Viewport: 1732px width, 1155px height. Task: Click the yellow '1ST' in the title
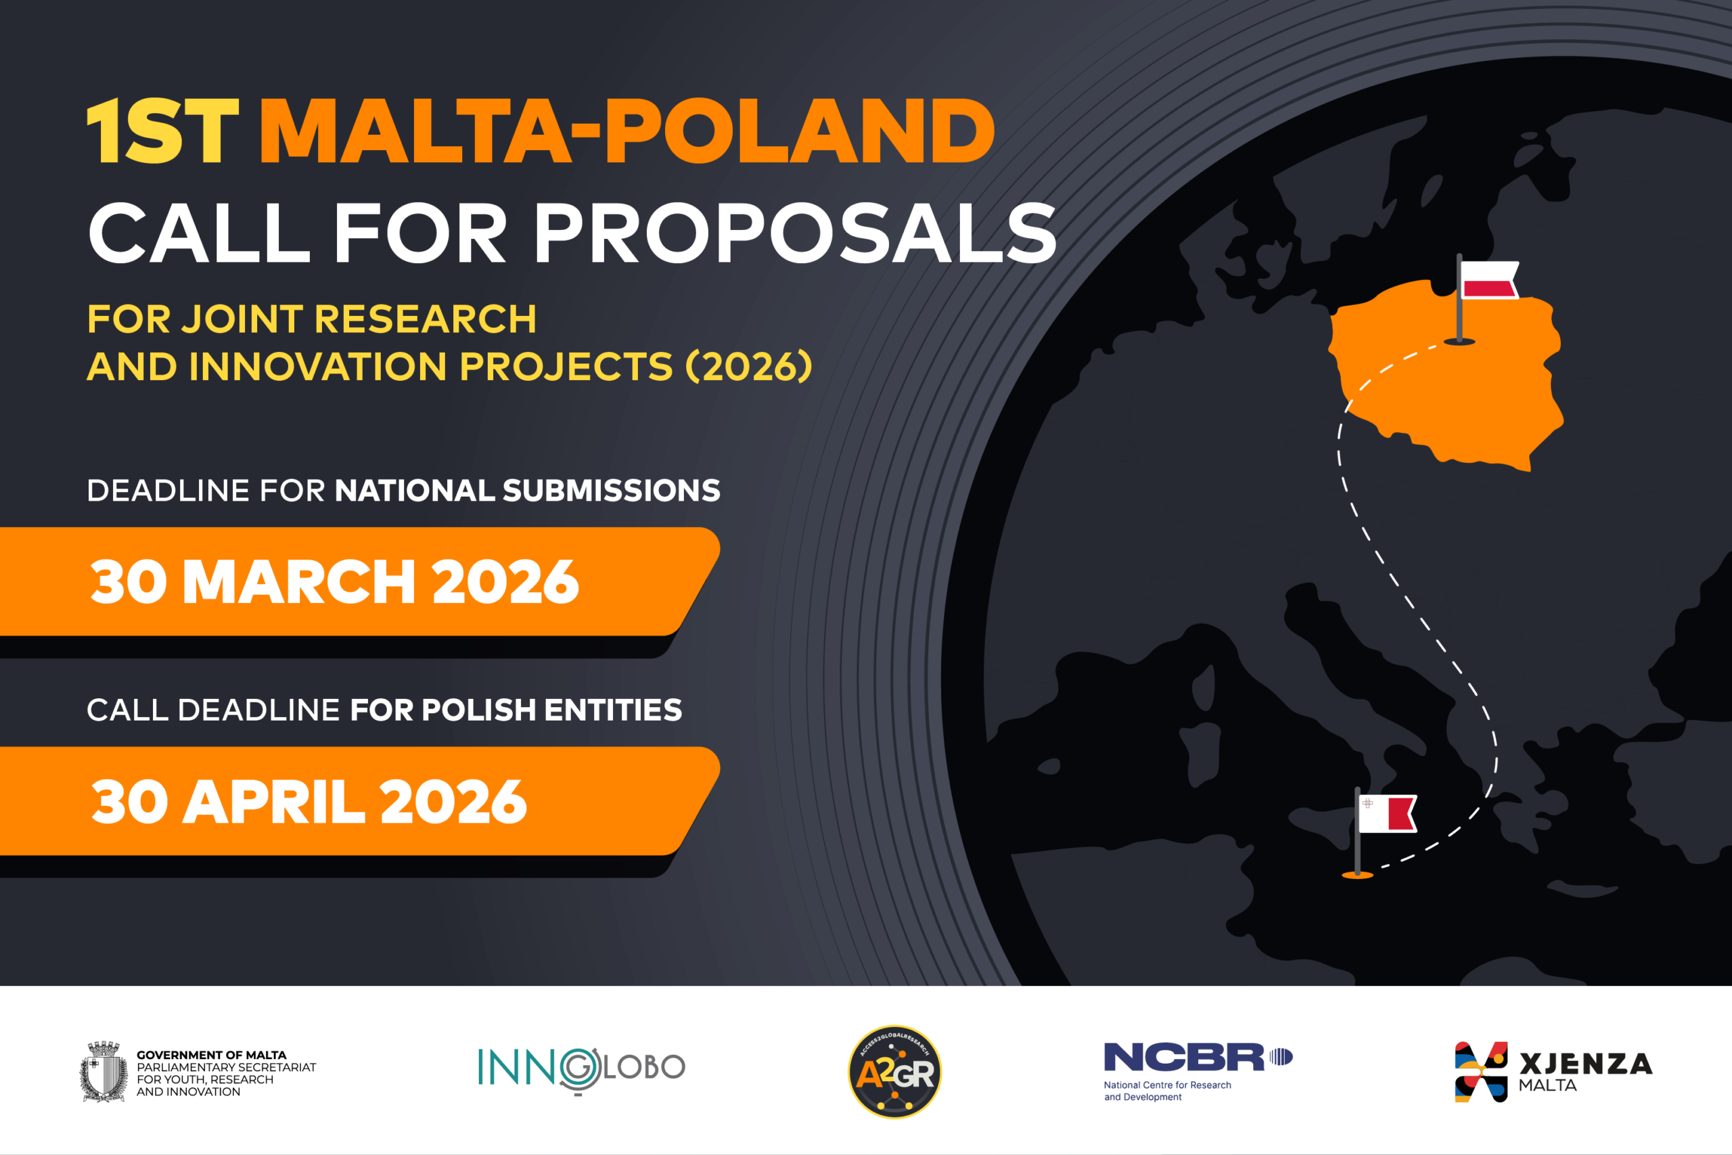click(x=163, y=131)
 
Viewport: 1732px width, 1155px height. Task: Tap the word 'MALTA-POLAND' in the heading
click(x=626, y=131)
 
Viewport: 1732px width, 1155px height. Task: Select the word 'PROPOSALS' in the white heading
click(x=796, y=233)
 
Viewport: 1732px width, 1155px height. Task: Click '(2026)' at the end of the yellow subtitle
click(x=749, y=366)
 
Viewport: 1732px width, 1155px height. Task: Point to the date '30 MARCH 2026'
click(x=334, y=581)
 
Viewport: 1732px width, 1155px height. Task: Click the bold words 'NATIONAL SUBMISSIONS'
click(x=527, y=491)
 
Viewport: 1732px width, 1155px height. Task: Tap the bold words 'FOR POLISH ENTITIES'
click(x=516, y=710)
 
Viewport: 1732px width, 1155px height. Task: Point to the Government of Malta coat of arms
click(x=104, y=1071)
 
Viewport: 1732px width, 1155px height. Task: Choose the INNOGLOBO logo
click(x=582, y=1070)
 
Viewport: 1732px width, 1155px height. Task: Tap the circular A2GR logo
click(x=894, y=1072)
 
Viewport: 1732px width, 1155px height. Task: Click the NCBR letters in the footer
click(x=1183, y=1057)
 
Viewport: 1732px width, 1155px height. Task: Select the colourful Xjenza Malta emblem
click(x=1482, y=1072)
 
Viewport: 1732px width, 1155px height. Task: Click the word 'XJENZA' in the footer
click(x=1586, y=1064)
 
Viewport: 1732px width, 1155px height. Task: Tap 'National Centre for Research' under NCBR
click(x=1167, y=1085)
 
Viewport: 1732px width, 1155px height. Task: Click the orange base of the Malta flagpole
click(x=1357, y=875)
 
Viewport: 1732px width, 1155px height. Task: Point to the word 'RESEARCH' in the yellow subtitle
click(x=426, y=319)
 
